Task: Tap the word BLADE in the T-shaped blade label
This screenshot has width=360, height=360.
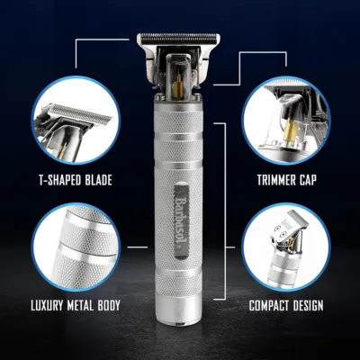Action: point(96,179)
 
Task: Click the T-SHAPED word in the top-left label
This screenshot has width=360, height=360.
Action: point(51,179)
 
